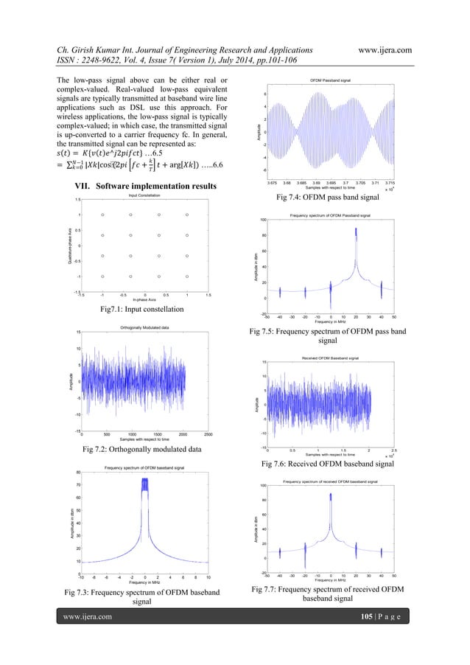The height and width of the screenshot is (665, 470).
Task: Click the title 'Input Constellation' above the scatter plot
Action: [x=144, y=194]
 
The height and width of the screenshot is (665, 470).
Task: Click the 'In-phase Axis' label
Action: [x=144, y=300]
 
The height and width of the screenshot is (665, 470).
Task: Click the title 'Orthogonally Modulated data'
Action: [x=144, y=327]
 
